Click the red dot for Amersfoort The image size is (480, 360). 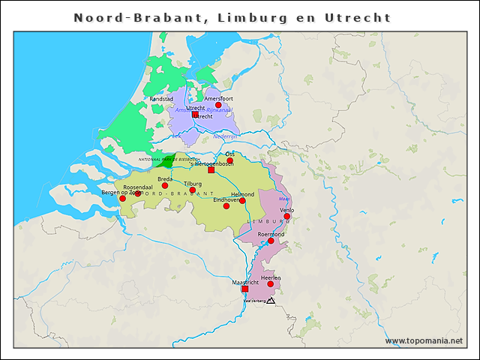[x=218, y=105]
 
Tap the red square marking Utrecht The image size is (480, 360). [x=195, y=115]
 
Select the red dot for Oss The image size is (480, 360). [x=230, y=160]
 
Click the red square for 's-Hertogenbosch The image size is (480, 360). [x=211, y=170]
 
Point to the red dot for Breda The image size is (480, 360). [x=165, y=185]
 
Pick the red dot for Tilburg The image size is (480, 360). [x=193, y=190]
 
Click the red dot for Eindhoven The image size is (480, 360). [x=226, y=205]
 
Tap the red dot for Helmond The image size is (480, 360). [x=242, y=200]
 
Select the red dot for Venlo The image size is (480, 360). [x=286, y=216]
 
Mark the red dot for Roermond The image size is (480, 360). [x=271, y=241]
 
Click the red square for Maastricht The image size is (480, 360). [x=244, y=289]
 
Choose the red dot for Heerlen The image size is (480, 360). [x=270, y=283]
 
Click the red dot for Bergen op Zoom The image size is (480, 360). [x=122, y=199]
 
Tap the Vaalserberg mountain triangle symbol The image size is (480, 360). [x=271, y=301]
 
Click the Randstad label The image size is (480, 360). [x=161, y=99]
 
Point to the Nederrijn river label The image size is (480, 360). [x=225, y=136]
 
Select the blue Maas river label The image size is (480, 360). [x=283, y=199]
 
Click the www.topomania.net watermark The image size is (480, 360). [x=424, y=340]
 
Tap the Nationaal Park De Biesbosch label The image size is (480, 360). [x=169, y=160]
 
